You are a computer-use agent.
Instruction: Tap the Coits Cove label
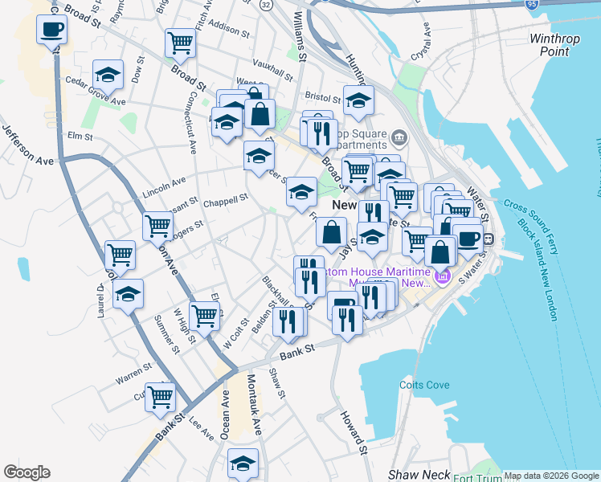click(424, 385)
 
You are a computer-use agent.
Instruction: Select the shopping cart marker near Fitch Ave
click(181, 43)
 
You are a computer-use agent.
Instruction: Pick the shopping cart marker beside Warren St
click(161, 397)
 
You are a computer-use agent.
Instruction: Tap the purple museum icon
click(441, 278)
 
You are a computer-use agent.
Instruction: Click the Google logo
click(27, 472)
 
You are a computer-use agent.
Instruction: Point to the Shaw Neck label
click(419, 475)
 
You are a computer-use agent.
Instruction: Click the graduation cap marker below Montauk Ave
click(243, 464)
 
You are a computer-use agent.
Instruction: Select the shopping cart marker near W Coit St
click(204, 317)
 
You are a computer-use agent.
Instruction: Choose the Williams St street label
click(300, 37)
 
